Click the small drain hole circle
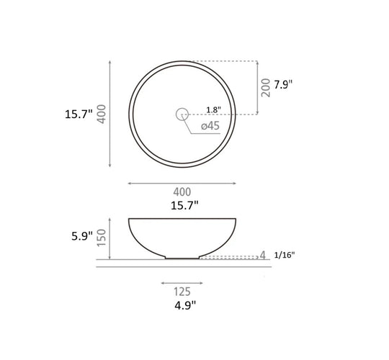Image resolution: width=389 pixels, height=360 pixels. point(182,108)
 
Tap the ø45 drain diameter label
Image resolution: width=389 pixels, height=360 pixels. point(210,126)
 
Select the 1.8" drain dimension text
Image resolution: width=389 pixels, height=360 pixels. point(214,109)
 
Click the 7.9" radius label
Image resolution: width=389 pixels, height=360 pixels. point(283,85)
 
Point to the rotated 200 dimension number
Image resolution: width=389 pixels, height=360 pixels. point(265,88)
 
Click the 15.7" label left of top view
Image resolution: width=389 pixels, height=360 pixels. point(79,114)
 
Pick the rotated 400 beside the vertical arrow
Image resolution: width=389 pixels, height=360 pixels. point(102,114)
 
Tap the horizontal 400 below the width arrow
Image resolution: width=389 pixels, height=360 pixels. point(182,192)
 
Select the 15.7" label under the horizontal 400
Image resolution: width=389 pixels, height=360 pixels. point(184,205)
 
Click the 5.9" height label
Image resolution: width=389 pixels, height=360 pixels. point(82,235)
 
